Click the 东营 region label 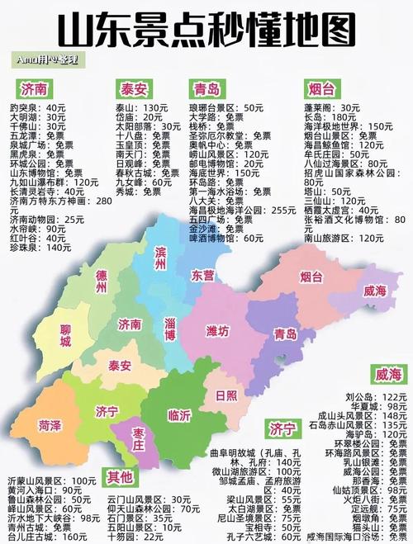click(202, 273)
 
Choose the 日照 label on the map click(225, 395)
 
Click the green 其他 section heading click(120, 476)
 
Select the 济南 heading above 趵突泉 click(35, 88)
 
